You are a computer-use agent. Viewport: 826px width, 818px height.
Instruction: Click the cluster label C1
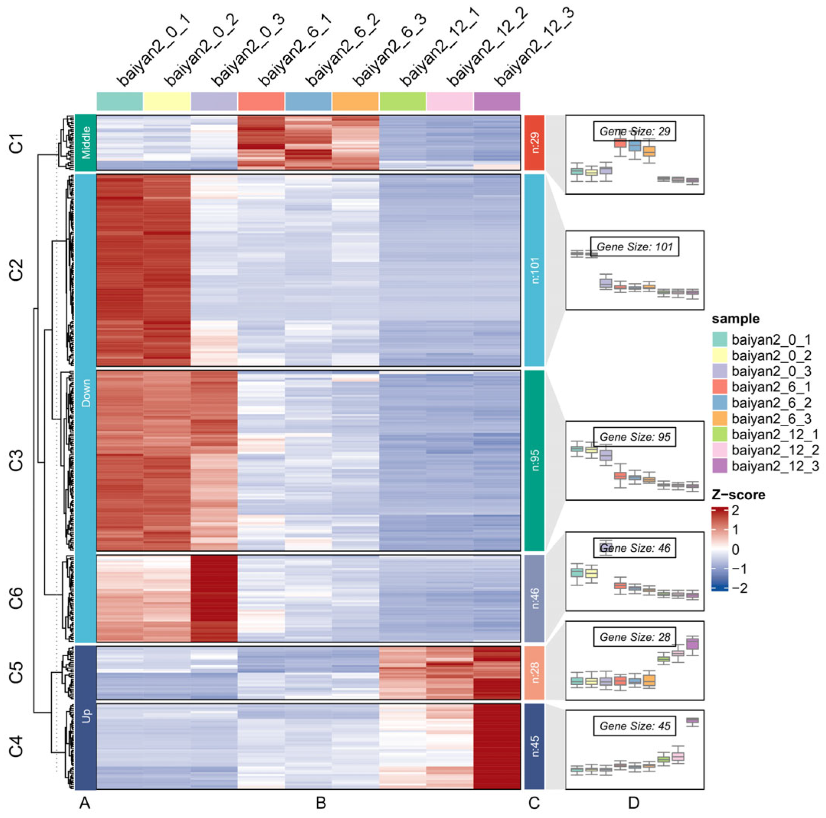pyautogui.click(x=16, y=143)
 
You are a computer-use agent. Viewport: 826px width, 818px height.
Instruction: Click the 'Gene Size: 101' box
pyautogui.click(x=635, y=247)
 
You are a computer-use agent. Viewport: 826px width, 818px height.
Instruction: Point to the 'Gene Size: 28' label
pyautogui.click(x=635, y=637)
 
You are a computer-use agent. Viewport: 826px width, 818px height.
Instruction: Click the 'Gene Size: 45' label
pyautogui.click(x=635, y=726)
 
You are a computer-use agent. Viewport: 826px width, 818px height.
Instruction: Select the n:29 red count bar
pyautogui.click(x=534, y=143)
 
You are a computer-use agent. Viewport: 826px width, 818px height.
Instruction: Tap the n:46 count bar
pyautogui.click(x=534, y=598)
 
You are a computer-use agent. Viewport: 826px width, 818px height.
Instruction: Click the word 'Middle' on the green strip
pyautogui.click(x=86, y=143)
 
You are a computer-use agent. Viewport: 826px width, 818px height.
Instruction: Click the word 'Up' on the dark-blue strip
pyautogui.click(x=86, y=716)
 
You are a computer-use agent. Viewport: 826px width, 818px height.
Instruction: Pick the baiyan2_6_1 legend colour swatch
pyautogui.click(x=720, y=387)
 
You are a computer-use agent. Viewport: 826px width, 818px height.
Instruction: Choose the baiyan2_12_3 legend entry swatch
pyautogui.click(x=720, y=466)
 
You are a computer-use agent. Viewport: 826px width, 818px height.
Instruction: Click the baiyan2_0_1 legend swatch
pyautogui.click(x=720, y=339)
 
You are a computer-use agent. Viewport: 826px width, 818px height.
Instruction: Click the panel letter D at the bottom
pyautogui.click(x=633, y=803)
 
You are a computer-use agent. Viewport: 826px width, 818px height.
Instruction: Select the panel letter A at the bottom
pyautogui.click(x=85, y=803)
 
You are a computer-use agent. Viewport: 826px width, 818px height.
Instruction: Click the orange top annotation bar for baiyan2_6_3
pyautogui.click(x=355, y=101)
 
